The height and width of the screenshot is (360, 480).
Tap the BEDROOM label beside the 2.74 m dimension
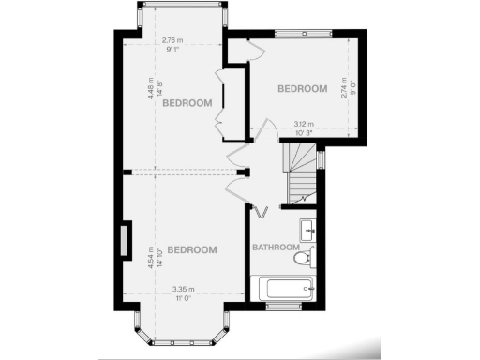[x=303, y=89]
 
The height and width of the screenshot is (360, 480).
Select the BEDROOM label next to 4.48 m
[x=187, y=103]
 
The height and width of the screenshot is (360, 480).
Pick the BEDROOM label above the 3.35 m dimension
[x=192, y=249]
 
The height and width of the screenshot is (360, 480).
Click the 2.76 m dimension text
[x=172, y=40]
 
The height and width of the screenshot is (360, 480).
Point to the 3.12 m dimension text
[x=304, y=124]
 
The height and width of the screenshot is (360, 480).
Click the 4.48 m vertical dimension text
[x=150, y=86]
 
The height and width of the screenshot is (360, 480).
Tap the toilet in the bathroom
[x=302, y=257]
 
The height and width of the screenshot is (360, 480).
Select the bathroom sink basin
[x=307, y=228]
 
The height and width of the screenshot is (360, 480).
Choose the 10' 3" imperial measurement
[x=304, y=132]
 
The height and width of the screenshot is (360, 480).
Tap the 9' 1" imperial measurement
[x=172, y=49]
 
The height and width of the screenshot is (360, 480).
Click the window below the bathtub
[x=282, y=307]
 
